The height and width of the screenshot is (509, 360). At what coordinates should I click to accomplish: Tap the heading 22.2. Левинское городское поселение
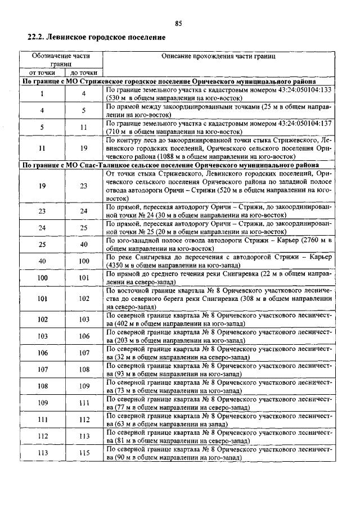(96, 38)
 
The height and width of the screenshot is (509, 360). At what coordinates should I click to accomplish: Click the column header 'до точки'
(83, 73)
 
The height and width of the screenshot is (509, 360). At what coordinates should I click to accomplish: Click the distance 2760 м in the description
(308, 241)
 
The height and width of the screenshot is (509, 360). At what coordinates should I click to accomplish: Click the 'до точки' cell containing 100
(83, 261)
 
